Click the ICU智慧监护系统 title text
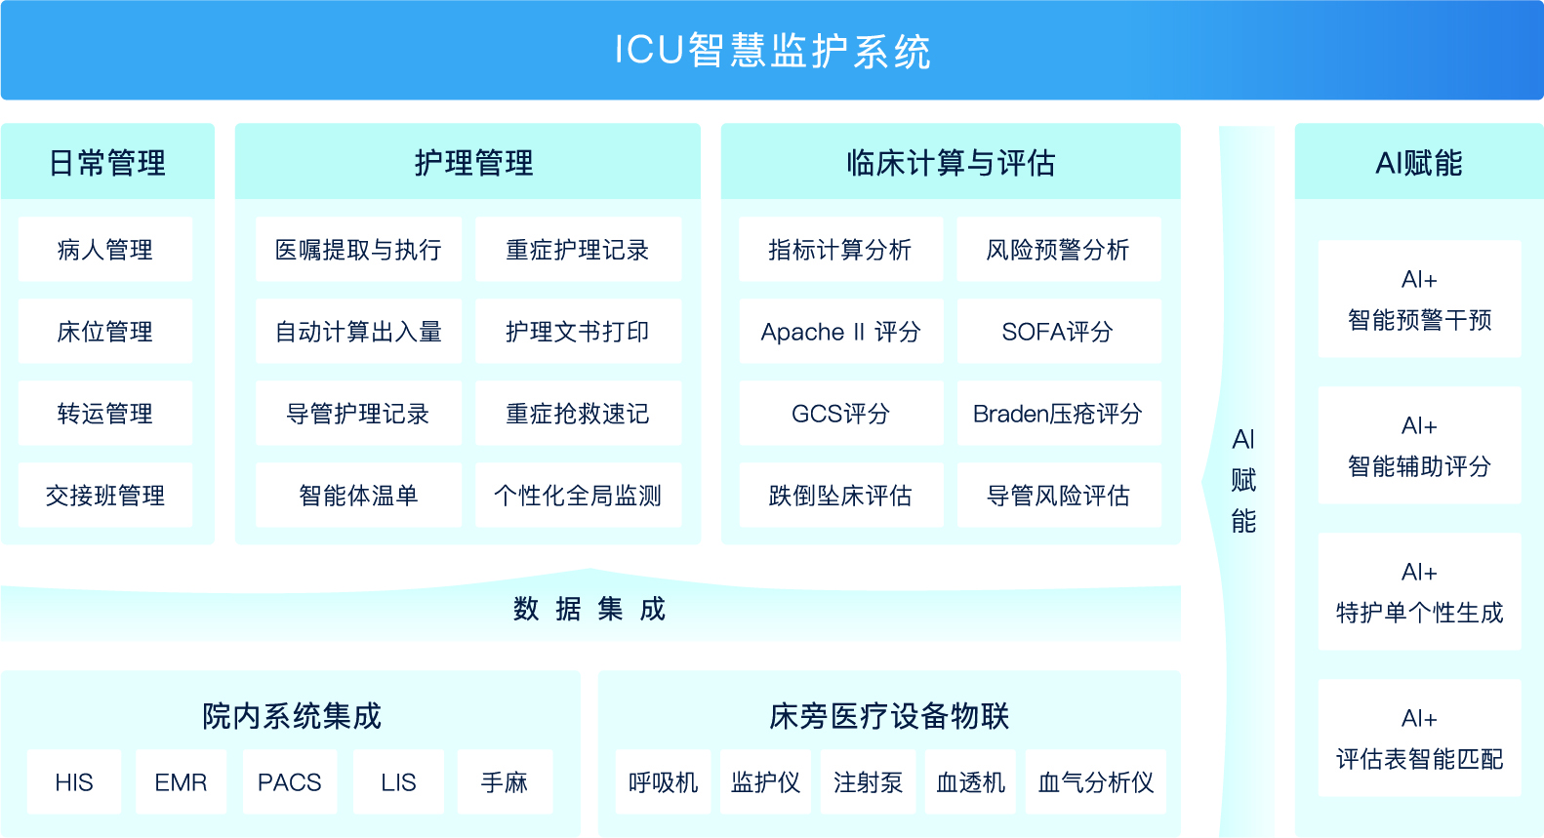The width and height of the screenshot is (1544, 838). pyautogui.click(x=772, y=51)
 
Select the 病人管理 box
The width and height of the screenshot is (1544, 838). pyautogui.click(x=105, y=249)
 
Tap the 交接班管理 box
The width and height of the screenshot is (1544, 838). pyautogui.click(x=105, y=495)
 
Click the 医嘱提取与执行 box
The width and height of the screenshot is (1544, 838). pyautogui.click(x=358, y=249)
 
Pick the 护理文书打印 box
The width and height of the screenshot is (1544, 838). pyautogui.click(x=579, y=331)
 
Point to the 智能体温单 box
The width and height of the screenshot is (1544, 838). pyautogui.click(x=358, y=495)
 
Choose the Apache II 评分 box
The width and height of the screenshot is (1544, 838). pyautogui.click(x=841, y=331)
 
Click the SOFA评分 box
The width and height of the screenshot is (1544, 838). pyautogui.click(x=1059, y=331)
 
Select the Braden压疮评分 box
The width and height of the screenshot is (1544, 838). pyautogui.click(x=1059, y=413)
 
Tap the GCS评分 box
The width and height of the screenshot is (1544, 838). pyautogui.click(x=841, y=413)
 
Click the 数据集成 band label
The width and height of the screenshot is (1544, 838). pyautogui.click(x=589, y=609)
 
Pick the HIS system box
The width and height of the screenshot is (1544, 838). pyautogui.click(x=74, y=781)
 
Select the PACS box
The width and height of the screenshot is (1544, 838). pyautogui.click(x=290, y=781)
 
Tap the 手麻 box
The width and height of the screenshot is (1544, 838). pyautogui.click(x=505, y=781)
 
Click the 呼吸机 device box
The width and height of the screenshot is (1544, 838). pyautogui.click(x=663, y=781)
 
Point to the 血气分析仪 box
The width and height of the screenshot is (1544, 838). pyautogui.click(x=1096, y=781)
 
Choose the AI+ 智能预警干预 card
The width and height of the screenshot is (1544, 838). pyautogui.click(x=1419, y=299)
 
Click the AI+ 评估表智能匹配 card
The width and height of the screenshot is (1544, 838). pyautogui.click(x=1419, y=738)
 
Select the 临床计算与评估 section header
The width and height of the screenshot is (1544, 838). pyautogui.click(x=951, y=162)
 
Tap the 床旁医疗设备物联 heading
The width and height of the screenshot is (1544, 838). pyautogui.click(x=889, y=716)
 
